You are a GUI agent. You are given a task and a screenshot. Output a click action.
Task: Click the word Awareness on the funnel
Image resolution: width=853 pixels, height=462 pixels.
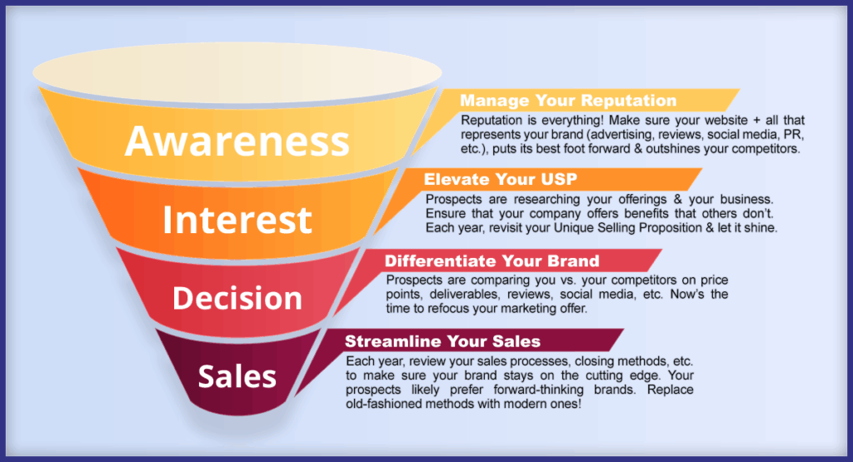click(x=237, y=142)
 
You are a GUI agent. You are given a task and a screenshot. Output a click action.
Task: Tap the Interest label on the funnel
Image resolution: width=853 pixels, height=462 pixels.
click(x=237, y=220)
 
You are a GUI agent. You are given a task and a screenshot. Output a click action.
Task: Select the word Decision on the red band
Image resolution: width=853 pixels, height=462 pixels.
click(x=237, y=298)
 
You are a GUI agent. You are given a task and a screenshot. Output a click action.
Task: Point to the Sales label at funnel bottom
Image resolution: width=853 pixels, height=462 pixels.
click(x=237, y=376)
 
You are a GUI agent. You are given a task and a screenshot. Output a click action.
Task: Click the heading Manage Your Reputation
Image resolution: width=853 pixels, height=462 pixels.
click(x=568, y=101)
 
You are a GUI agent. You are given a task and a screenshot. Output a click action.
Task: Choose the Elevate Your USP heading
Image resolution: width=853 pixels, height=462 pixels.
click(x=501, y=179)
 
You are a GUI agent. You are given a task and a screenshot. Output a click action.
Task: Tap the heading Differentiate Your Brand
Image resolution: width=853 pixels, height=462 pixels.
click(x=491, y=261)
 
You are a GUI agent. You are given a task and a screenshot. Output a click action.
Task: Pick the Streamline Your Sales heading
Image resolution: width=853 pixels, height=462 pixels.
click(x=443, y=341)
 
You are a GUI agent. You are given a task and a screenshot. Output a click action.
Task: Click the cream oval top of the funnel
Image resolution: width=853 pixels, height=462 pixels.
click(x=237, y=72)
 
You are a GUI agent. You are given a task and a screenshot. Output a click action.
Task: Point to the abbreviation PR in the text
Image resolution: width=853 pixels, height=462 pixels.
click(x=793, y=134)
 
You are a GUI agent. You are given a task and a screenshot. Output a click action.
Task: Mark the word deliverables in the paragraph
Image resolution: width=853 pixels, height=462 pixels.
click(x=463, y=295)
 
